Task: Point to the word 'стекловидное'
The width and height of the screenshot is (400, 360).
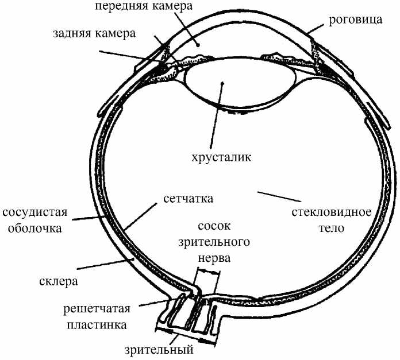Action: click(x=330, y=213)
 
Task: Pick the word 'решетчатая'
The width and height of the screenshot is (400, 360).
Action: click(x=97, y=309)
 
